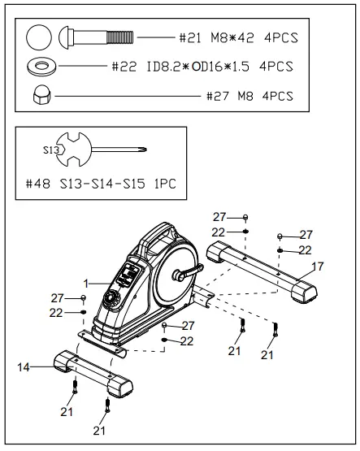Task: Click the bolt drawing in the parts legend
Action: tap(96, 37)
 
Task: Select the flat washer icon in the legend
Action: tap(40, 65)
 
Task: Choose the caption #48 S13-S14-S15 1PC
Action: tap(99, 184)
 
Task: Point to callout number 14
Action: tap(25, 367)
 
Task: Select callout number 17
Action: tap(318, 266)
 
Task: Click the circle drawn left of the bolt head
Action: tap(38, 37)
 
